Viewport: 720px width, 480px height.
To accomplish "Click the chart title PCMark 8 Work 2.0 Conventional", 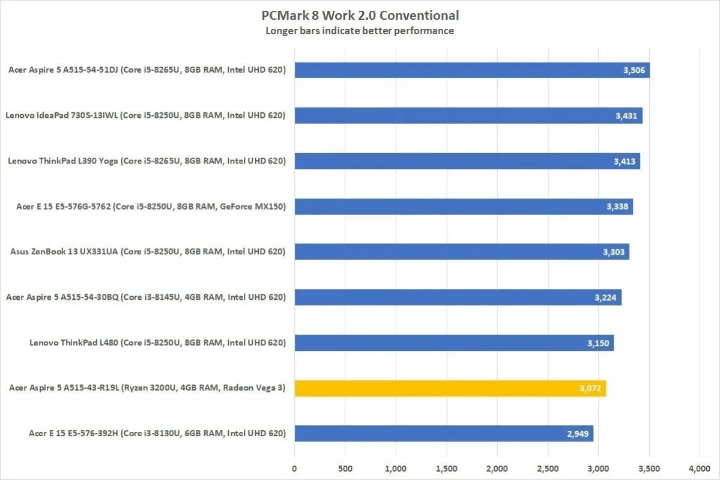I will (x=360, y=16).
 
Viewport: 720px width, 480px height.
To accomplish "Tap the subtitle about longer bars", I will (x=360, y=31).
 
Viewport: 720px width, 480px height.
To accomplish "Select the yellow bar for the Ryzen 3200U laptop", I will (x=450, y=388).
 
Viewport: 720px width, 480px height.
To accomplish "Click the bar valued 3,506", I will (x=471, y=70).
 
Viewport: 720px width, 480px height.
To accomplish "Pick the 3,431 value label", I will (x=626, y=116).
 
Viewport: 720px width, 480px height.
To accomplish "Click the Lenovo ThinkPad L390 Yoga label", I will (x=147, y=161).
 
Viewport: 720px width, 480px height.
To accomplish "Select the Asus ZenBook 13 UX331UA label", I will (x=148, y=252).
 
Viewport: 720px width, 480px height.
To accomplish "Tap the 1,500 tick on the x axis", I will (x=446, y=469).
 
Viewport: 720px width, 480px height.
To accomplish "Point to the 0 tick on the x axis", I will (x=294, y=469).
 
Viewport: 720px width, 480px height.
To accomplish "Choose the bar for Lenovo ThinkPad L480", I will (x=453, y=343).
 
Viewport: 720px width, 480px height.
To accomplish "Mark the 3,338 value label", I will (x=617, y=207).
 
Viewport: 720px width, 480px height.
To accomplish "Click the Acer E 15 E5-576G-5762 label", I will (x=151, y=207).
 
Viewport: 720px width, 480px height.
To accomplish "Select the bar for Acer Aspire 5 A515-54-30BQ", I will (x=458, y=297).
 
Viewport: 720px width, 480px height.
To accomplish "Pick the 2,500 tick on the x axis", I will (x=548, y=469).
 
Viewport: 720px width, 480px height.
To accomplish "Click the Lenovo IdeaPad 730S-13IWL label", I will (x=146, y=115).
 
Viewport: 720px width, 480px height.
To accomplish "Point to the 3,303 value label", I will (x=614, y=252).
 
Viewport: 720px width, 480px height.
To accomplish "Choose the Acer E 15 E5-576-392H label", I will (x=157, y=433).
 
